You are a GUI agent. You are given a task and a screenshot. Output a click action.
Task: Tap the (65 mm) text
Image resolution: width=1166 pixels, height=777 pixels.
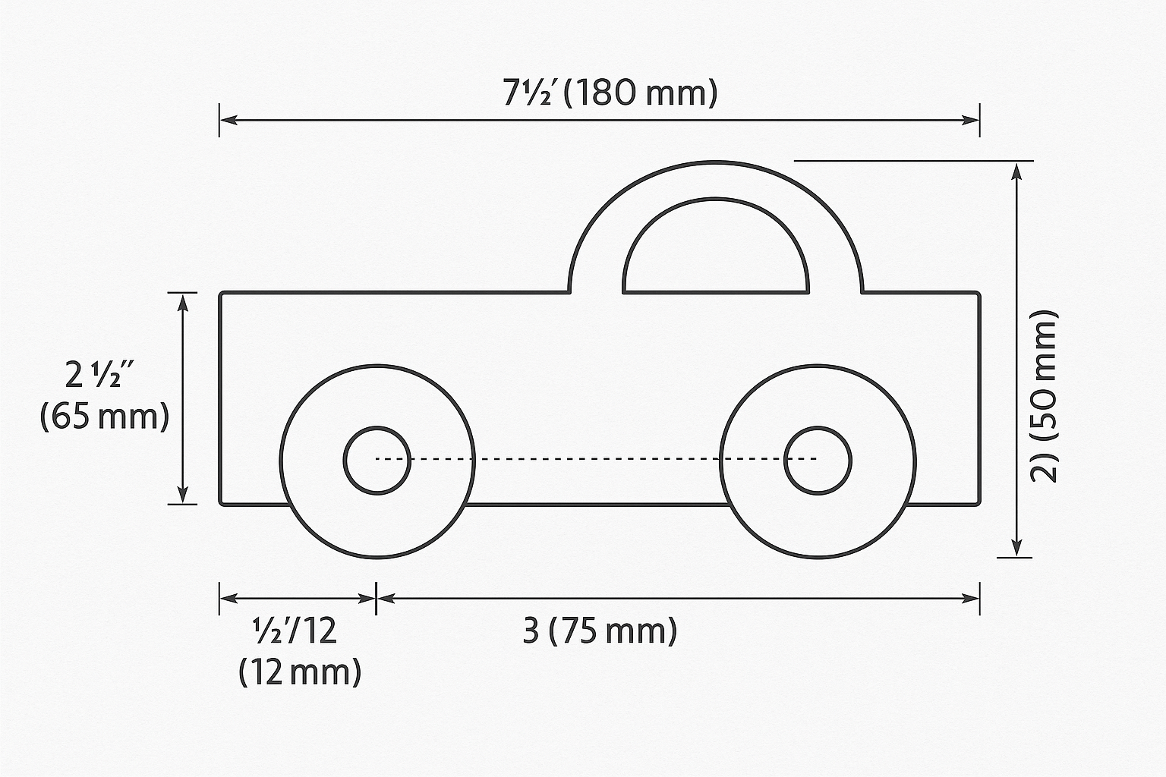click(x=104, y=417)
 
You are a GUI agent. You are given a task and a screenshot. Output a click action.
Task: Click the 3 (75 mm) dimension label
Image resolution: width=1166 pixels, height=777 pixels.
click(x=599, y=631)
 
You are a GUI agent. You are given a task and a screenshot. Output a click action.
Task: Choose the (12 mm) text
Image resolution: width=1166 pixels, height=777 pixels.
click(x=300, y=672)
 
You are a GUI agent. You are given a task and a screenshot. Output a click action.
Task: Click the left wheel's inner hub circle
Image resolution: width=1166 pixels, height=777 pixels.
click(x=377, y=460)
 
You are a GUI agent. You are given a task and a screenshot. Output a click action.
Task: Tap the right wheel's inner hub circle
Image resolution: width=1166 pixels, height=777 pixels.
click(x=818, y=460)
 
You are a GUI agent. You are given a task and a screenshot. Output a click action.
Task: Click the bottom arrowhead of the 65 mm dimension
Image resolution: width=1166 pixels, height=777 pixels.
click(x=182, y=493)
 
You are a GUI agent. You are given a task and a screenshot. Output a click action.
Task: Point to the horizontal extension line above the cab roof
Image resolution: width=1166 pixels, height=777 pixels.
click(x=911, y=161)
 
